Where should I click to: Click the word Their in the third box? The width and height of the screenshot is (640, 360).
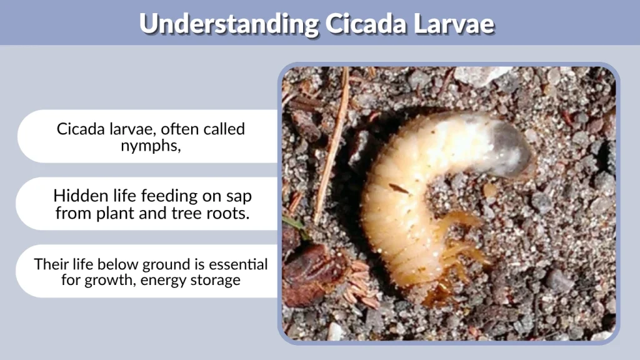coord(51,264)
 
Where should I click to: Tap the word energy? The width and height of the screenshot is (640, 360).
coord(162,280)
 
